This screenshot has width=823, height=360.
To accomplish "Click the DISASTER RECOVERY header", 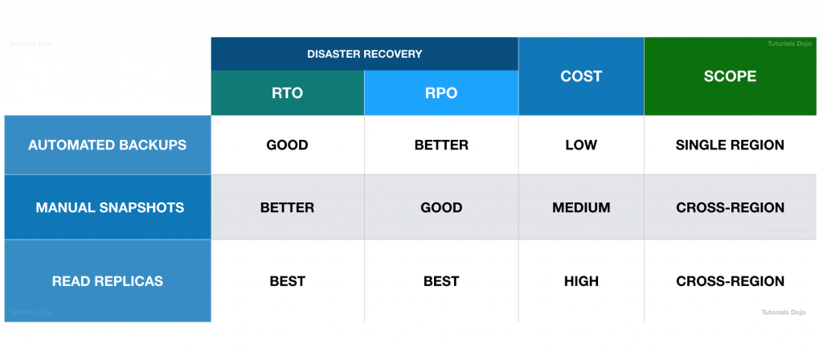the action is tap(364, 54).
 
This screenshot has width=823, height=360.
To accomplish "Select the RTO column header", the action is tap(287, 93).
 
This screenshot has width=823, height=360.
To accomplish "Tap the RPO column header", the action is tap(441, 93).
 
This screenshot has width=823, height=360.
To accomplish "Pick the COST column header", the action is tap(580, 76).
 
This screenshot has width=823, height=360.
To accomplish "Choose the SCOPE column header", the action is tap(730, 76).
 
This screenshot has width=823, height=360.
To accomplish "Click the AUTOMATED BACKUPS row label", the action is tap(107, 145).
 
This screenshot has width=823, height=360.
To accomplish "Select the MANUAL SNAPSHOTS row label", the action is tap(109, 207).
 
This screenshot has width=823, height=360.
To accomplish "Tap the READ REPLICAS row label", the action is tap(108, 281).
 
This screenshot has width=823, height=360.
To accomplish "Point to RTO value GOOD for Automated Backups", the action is tap(287, 145).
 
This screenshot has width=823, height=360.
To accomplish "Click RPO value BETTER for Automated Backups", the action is tap(441, 145).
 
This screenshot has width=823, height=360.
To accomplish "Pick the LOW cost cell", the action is tap(581, 145).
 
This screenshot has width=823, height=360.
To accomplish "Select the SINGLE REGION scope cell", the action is tap(730, 145).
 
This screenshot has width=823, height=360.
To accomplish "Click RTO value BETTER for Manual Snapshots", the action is tap(287, 207).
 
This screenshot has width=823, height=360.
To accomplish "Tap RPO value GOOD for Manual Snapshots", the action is tap(441, 207).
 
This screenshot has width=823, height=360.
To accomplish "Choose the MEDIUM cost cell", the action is tap(581, 207).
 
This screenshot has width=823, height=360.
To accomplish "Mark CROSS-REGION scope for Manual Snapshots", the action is tap(730, 207).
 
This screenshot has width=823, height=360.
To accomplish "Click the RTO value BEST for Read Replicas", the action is tap(287, 281).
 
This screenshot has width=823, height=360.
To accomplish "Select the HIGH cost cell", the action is tap(581, 281).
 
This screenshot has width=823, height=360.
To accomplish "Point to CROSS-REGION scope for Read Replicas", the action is tap(730, 281).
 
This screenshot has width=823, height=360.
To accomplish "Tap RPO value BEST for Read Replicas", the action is tap(441, 281).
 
